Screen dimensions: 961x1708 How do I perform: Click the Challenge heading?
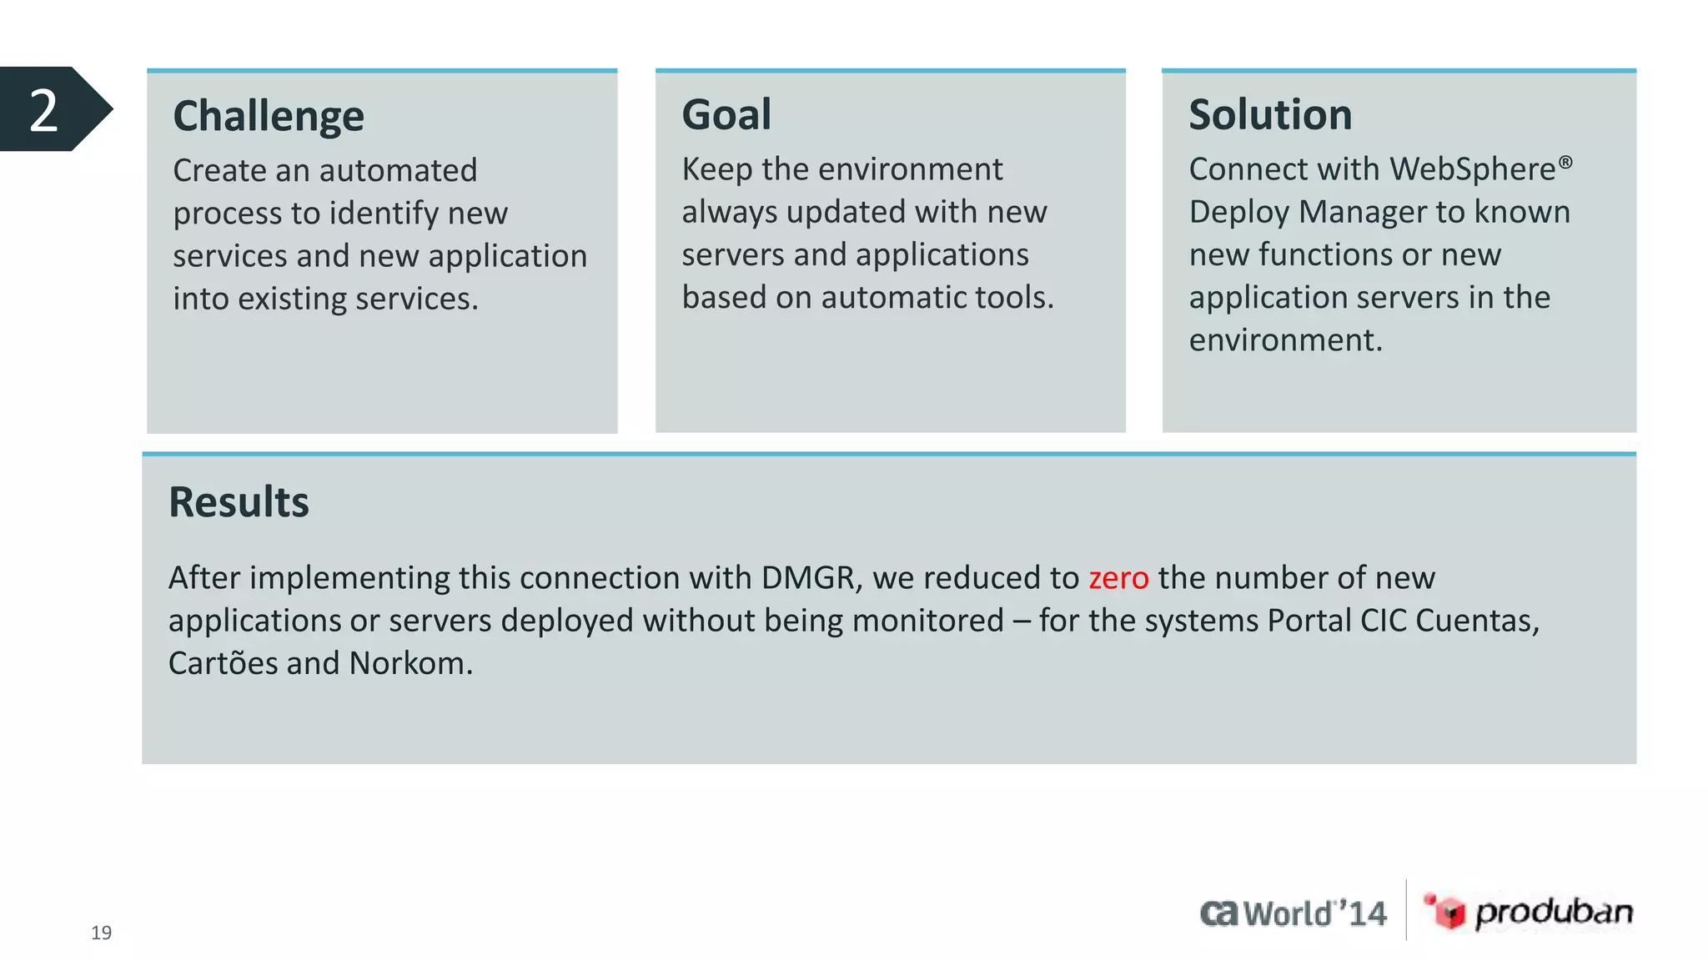click(x=269, y=117)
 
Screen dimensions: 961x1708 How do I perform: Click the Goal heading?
click(x=726, y=115)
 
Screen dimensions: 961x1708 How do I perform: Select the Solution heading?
click(x=1269, y=115)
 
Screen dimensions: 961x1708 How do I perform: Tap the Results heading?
click(x=239, y=502)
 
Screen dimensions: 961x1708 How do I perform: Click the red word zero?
click(x=1118, y=578)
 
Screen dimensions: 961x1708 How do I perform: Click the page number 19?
click(x=101, y=933)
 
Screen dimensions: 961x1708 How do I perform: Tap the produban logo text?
click(x=1553, y=912)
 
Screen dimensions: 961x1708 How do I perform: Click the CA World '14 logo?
click(x=1293, y=913)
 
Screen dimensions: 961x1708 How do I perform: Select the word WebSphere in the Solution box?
click(x=1472, y=169)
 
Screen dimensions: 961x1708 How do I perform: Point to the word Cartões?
click(x=223, y=664)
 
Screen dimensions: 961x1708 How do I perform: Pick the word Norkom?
click(x=410, y=664)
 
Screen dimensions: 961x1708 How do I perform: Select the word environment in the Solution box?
click(x=1284, y=340)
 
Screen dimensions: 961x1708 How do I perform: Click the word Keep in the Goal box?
click(x=716, y=169)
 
